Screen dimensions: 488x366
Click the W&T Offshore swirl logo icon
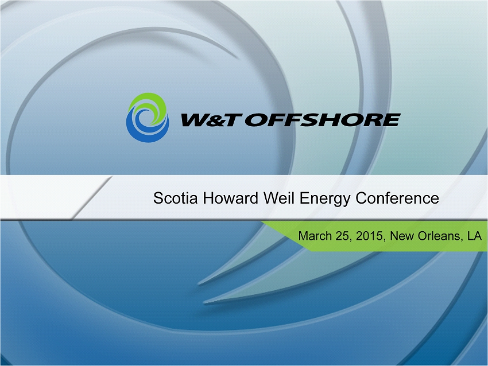pyautogui.click(x=148, y=118)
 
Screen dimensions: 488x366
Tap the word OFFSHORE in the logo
pyautogui.click(x=323, y=120)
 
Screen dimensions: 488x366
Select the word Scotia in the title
pyautogui.click(x=175, y=198)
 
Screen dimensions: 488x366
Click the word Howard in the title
pyautogui.click(x=230, y=198)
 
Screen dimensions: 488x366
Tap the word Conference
pyautogui.click(x=397, y=198)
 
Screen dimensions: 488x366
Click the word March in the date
pyautogui.click(x=315, y=236)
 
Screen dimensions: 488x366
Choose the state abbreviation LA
pyautogui.click(x=475, y=236)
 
